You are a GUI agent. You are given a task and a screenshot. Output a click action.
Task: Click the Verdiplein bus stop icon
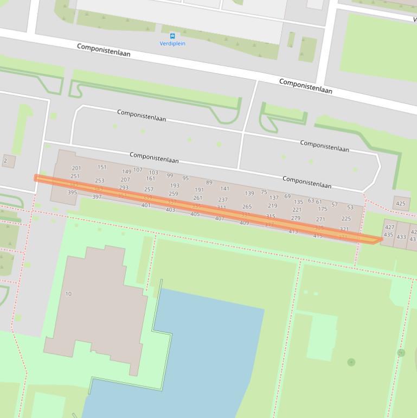[172, 36]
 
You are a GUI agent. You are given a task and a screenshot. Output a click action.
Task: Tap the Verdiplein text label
[172, 43]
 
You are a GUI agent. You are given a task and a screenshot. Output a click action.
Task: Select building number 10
[68, 294]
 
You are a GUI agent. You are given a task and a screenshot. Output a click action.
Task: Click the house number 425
[400, 204]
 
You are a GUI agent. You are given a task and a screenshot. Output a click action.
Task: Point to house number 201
[76, 168]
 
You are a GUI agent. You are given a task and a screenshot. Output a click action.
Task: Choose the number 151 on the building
[102, 167]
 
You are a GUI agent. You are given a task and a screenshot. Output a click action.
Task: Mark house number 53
[350, 207]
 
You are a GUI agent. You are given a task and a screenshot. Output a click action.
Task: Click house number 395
[72, 193]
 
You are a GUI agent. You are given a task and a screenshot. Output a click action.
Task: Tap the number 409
[244, 223]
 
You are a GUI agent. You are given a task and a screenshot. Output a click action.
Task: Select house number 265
[247, 207]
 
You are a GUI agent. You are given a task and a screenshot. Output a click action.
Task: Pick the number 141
[224, 189]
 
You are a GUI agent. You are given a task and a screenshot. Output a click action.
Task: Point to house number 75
[264, 192]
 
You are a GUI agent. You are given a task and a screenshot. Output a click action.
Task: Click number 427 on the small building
[389, 227]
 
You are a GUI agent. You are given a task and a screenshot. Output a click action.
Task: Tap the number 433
[401, 237]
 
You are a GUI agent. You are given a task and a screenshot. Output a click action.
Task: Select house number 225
[346, 219]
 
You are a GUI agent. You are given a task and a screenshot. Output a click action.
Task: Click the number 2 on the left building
[5, 161]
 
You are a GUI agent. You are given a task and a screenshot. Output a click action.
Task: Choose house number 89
[209, 183]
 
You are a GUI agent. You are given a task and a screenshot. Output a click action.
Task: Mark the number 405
[195, 214]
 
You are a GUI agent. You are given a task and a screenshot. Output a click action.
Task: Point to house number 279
[296, 218]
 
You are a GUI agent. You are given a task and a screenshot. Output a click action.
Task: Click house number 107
[138, 170]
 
